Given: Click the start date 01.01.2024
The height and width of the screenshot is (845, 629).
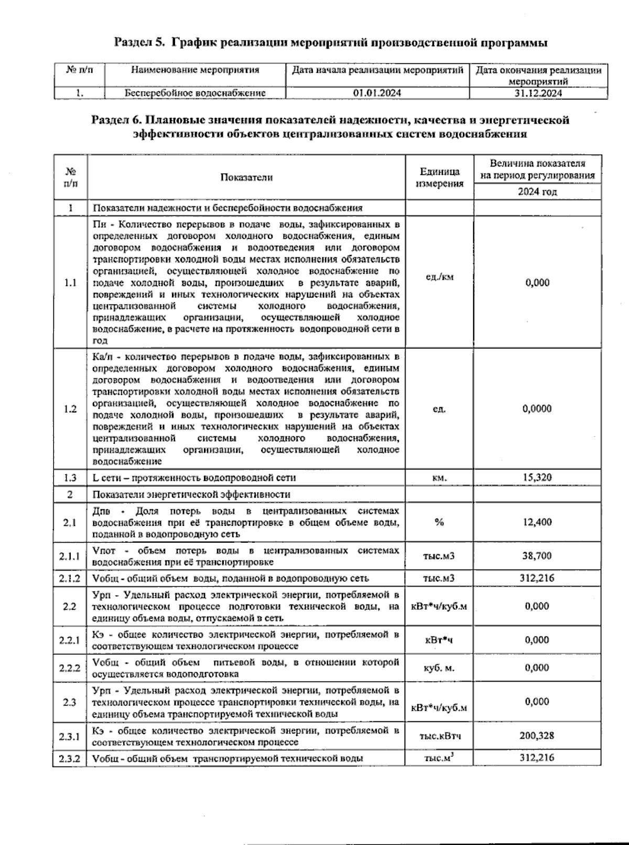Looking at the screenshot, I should coord(377,93).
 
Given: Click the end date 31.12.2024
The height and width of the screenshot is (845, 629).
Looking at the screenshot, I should coord(538,93).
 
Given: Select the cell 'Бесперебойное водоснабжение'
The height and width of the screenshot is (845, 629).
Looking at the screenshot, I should coord(195,93).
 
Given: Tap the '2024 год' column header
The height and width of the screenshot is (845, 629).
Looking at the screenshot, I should coord(537,192).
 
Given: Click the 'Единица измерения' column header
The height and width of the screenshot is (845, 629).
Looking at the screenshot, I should coord(439,178).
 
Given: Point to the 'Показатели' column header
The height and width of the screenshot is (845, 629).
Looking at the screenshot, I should coord(246,178).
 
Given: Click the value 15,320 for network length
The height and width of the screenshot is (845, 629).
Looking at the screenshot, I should coord(537,478).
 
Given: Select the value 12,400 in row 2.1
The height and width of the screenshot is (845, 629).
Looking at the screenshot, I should coord(537,522).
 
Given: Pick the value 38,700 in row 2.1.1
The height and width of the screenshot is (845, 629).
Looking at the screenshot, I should coord(537,556).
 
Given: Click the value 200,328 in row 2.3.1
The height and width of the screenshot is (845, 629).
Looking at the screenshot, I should coord(537,736).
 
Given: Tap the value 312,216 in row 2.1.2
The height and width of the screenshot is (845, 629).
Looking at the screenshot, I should coord(537,578).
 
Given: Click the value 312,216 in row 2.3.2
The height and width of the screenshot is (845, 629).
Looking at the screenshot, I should coord(537,758).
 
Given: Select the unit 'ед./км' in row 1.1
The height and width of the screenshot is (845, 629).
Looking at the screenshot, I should coord(439,277).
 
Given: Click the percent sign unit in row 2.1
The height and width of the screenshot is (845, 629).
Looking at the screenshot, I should coord(439,522).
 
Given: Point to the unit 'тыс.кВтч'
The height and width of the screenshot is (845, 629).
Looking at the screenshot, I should coord(439,736).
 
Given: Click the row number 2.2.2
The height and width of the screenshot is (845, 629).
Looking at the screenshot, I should coord(70,668).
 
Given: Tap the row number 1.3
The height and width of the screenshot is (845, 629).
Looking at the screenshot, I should coord(70,478).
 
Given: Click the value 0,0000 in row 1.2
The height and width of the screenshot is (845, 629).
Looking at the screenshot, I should coord(537,409).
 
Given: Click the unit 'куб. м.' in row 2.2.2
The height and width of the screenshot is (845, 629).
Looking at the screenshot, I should coord(439,668).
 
